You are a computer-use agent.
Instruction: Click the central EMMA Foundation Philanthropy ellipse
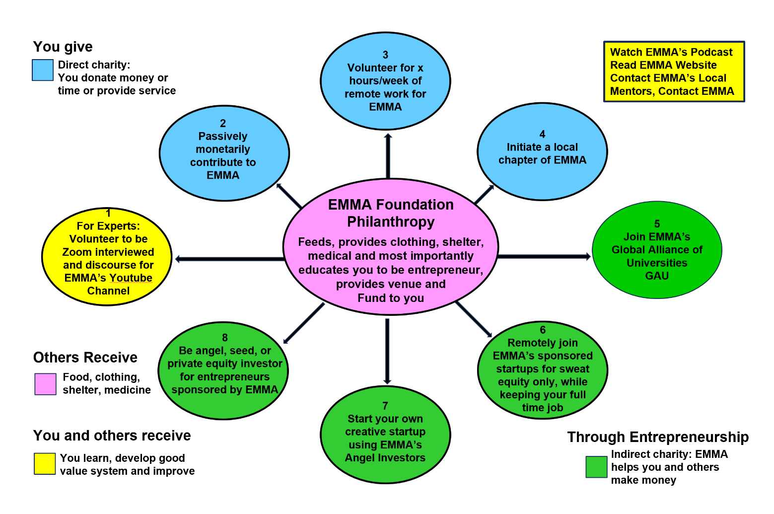point(390,247)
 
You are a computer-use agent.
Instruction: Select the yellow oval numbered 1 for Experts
point(107,257)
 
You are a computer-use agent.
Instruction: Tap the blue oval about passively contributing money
point(224,153)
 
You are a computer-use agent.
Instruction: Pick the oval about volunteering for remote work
point(385,80)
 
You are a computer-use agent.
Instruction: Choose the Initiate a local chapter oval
point(542,151)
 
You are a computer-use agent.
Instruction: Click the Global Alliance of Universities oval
point(657,250)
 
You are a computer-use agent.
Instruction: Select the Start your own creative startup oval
point(385,434)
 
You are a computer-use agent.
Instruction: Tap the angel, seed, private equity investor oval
point(223,370)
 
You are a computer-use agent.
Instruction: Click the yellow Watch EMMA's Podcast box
point(674,72)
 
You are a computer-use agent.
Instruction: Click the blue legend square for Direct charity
point(43,70)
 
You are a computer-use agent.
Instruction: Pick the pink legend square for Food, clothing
point(45,384)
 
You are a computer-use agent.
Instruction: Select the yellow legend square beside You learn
point(45,463)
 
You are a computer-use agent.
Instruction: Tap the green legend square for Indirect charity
point(596,467)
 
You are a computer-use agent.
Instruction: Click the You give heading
point(63,47)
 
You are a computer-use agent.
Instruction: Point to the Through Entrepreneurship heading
point(658,437)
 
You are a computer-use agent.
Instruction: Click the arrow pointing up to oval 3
point(388,155)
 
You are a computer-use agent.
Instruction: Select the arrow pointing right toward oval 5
point(544,256)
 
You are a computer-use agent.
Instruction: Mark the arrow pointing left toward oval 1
point(229,259)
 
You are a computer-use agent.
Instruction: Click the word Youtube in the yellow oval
point(131,278)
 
